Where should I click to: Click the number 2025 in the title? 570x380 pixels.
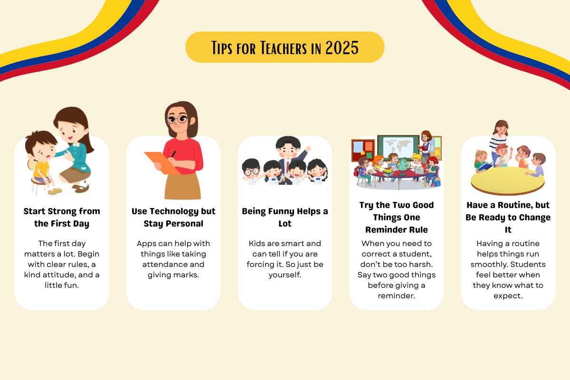pos(342,47)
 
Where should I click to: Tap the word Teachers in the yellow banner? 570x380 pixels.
pos(284,47)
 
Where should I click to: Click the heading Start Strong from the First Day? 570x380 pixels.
pos(62,218)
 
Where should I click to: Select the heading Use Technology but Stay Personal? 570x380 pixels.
pos(173,218)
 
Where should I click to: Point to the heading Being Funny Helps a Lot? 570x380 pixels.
pos(285,218)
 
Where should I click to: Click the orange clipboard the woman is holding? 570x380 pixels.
pos(162,163)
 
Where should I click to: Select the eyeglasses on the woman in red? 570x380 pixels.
pos(177,119)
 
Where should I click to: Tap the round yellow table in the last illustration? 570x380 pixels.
pos(507,181)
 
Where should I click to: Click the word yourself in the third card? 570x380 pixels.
pos(285,275)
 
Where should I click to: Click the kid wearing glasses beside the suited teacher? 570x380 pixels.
pos(251,170)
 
